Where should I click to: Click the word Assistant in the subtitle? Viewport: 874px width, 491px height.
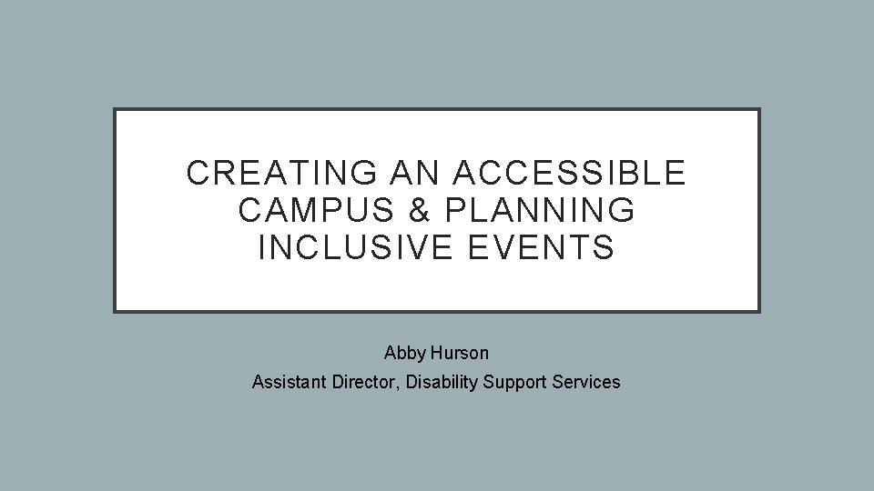click(x=286, y=382)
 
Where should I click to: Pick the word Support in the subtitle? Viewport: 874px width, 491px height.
click(x=515, y=382)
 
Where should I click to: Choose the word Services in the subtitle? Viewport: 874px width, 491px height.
click(x=587, y=382)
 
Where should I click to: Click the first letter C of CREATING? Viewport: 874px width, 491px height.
click(x=196, y=173)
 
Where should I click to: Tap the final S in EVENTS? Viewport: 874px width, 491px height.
click(x=605, y=247)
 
